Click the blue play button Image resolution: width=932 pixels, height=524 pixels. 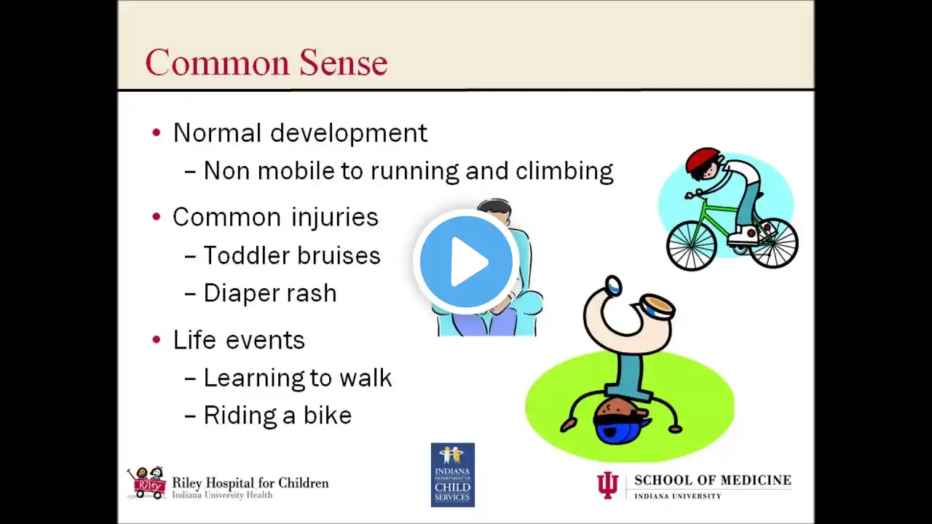pos(466,261)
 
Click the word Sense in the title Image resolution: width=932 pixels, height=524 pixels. pos(344,63)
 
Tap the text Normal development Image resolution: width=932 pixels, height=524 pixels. pos(300,133)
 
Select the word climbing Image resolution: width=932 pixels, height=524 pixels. pos(564,170)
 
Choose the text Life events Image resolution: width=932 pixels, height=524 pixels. pos(239,340)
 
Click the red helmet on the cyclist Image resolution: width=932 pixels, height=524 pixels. pos(703,159)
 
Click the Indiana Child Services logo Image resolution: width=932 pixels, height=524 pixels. pos(453,475)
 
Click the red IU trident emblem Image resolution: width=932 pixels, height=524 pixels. pos(608,485)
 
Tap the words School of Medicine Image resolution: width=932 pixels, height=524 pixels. pos(713,480)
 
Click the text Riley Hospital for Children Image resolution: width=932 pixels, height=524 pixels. pos(250,483)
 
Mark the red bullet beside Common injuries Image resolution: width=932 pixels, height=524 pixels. pos(157,217)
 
